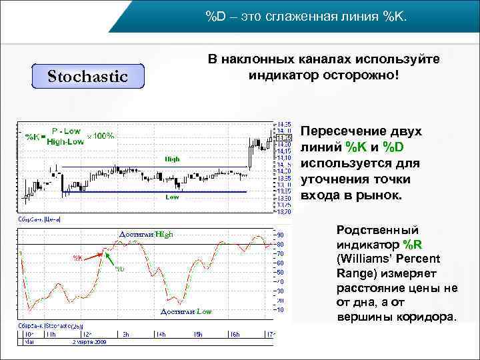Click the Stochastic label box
point(88,76)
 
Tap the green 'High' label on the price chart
point(173,159)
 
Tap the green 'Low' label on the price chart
point(172,197)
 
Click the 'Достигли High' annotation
point(145,234)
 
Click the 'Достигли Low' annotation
point(186,312)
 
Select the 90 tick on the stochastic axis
point(281,235)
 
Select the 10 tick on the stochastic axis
point(281,309)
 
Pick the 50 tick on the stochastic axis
point(281,272)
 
